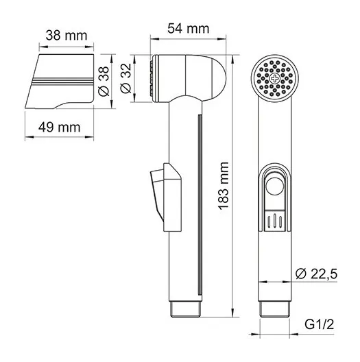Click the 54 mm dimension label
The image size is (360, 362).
tap(188, 29)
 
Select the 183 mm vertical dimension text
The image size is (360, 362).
tap(224, 186)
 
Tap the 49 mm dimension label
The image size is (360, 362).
tap(60, 128)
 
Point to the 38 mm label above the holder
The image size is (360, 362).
tap(67, 36)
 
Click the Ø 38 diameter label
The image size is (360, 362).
tap(104, 82)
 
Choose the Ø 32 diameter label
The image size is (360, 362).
tap(126, 78)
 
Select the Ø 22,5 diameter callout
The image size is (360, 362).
tap(317, 274)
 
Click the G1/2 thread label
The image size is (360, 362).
tap(320, 324)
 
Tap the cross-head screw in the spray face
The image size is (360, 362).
tap(274, 78)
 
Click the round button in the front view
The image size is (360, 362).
tap(274, 186)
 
